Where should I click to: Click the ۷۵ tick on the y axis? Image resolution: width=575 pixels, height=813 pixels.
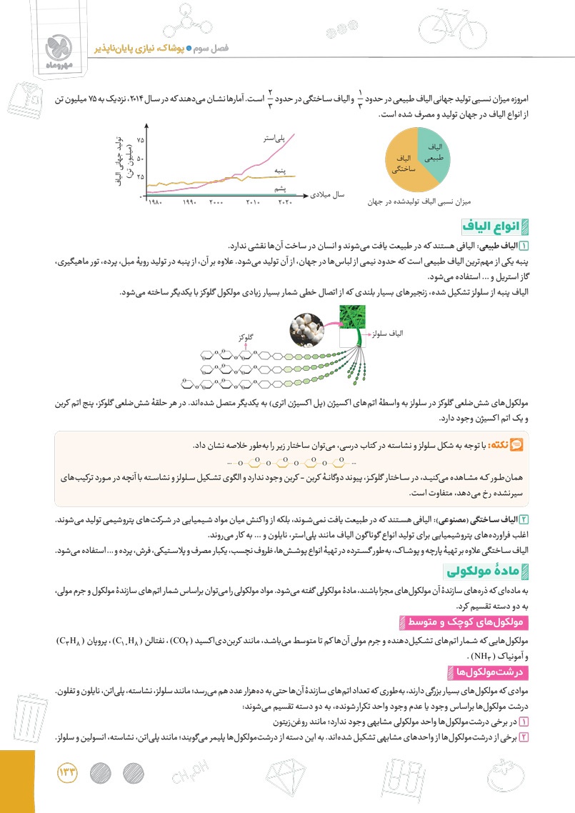click(140, 140)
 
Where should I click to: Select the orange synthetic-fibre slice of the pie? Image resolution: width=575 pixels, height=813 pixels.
click(404, 164)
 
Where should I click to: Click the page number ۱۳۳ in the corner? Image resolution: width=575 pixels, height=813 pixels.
click(69, 773)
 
